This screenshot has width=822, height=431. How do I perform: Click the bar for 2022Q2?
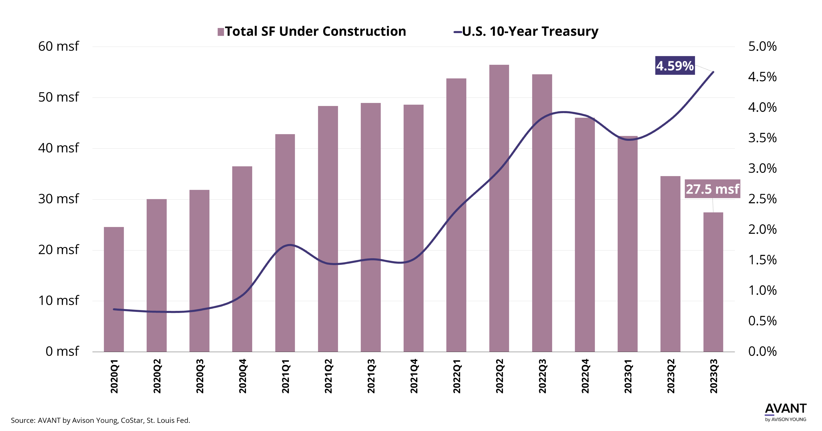click(x=499, y=208)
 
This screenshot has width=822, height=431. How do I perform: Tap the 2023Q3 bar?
click(x=713, y=282)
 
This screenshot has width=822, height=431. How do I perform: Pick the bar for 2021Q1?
click(x=285, y=243)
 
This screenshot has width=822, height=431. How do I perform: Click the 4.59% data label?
click(x=675, y=66)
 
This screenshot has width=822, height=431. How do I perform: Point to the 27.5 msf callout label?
click(x=712, y=189)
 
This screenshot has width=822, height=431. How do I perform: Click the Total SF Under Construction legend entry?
click(x=312, y=31)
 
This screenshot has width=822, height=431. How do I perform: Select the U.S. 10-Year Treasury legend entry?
click(x=526, y=31)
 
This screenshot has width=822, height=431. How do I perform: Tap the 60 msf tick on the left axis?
click(x=58, y=46)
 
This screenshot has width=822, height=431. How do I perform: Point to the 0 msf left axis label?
click(x=62, y=351)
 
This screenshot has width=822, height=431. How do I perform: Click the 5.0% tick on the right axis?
click(x=762, y=47)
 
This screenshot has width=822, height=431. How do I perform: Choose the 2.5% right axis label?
click(x=762, y=199)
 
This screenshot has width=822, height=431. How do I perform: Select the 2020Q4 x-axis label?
click(x=242, y=376)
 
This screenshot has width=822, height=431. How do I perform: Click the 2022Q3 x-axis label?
click(x=542, y=376)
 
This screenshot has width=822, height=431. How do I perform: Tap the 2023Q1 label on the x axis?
click(x=628, y=376)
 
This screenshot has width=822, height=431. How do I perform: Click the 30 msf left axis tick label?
click(x=58, y=199)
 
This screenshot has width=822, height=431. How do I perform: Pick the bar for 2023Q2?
click(x=670, y=264)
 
